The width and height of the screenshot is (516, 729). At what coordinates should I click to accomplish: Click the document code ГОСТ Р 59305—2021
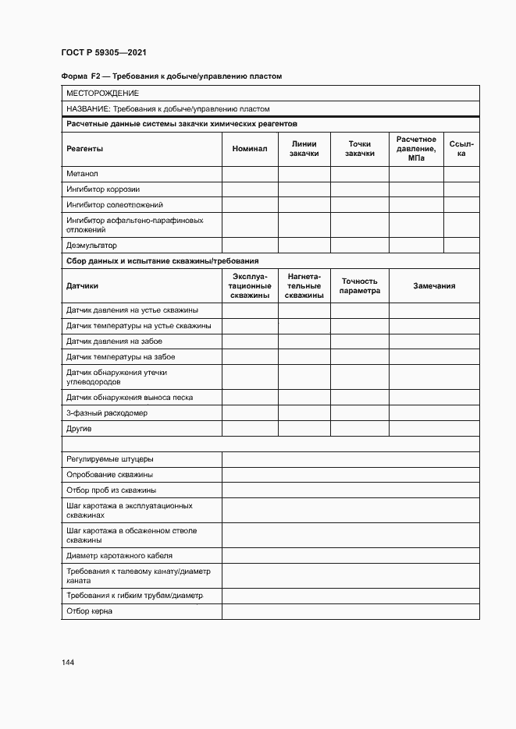(x=103, y=53)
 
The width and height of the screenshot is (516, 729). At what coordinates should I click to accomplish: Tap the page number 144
(x=68, y=662)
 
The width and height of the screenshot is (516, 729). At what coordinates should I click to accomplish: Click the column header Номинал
(x=250, y=148)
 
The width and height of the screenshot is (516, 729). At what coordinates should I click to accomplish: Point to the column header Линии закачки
(x=304, y=148)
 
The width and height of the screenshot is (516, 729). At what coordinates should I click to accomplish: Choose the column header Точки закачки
(x=359, y=148)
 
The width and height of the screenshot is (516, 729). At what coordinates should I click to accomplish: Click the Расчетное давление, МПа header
(x=416, y=148)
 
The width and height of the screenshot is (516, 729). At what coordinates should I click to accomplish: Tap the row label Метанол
(x=82, y=173)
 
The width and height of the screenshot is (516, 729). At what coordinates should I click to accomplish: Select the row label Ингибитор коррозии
(x=103, y=189)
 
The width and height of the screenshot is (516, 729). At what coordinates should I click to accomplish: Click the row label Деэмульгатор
(x=91, y=245)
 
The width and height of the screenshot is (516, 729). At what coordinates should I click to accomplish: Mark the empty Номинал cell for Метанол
(x=250, y=173)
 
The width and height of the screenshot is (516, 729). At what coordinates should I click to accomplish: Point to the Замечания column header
(x=434, y=286)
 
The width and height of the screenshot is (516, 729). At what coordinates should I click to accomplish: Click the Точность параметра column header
(x=359, y=286)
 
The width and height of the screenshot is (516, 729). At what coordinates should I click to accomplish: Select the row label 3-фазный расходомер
(x=107, y=412)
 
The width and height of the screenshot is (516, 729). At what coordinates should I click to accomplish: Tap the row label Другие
(x=79, y=429)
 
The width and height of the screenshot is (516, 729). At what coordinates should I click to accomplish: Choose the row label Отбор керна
(x=89, y=611)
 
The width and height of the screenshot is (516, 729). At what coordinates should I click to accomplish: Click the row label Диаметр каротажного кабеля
(x=119, y=556)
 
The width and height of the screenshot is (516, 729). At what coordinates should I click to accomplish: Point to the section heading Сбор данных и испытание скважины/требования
(x=162, y=261)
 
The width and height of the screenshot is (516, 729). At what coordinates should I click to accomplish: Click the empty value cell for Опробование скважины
(x=351, y=474)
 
